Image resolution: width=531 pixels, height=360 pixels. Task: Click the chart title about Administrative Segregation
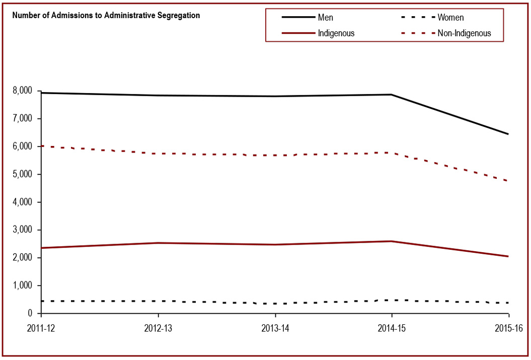(x=106, y=15)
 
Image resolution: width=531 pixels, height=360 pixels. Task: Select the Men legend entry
(x=325, y=18)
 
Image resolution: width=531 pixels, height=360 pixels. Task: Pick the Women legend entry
(x=450, y=18)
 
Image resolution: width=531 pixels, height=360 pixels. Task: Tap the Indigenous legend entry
(x=336, y=34)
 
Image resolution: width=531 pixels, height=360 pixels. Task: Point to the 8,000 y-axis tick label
(x=22, y=91)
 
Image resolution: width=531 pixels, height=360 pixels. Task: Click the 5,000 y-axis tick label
(x=22, y=174)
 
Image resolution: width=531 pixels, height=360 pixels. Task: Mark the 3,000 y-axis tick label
(x=22, y=230)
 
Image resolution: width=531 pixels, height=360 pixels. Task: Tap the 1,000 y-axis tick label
(x=22, y=285)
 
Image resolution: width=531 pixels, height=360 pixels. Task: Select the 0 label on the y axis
(x=30, y=313)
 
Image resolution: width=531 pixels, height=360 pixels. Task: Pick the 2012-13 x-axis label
(x=159, y=328)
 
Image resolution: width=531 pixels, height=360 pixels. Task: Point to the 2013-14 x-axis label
(x=275, y=328)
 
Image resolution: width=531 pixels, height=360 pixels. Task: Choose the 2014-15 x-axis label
(x=392, y=328)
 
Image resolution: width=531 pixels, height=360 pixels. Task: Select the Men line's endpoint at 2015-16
(x=508, y=134)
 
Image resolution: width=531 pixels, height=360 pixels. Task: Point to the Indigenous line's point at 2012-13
(x=159, y=243)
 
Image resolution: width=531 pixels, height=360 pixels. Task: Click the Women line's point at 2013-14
(x=275, y=304)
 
